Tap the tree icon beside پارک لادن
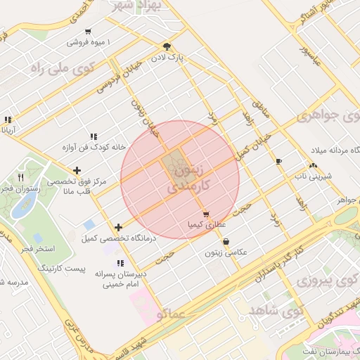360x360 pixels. tap(166, 45)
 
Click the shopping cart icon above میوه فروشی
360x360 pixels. tap(88, 32)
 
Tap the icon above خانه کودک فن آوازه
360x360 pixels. tap(93, 136)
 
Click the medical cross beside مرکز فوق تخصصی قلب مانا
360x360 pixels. tap(77, 170)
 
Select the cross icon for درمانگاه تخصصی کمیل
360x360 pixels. tap(118, 227)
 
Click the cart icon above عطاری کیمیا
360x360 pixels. tap(205, 214)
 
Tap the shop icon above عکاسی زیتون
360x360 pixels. tap(225, 242)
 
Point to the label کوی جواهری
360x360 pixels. tap(328, 115)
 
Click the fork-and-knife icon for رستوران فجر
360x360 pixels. tap(20, 177)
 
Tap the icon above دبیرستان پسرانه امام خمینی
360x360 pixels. tap(120, 264)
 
